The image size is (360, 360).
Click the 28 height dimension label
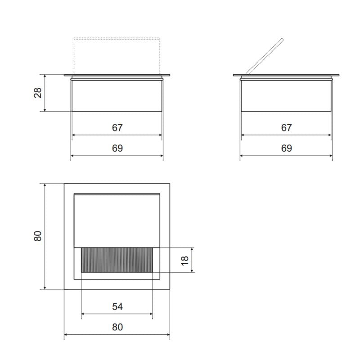38,93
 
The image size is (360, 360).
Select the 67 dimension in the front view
117,128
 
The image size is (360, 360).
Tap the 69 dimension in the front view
117,148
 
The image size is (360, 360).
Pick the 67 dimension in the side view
286,128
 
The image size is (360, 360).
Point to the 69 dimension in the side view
286,148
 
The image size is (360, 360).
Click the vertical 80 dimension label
38,236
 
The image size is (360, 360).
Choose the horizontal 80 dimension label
117,327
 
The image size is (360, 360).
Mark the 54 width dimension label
117,306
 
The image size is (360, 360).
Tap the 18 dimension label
185,260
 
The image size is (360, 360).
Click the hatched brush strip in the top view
117,260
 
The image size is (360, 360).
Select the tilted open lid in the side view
265,56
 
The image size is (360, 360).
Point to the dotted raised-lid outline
117,39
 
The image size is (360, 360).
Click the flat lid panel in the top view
117,220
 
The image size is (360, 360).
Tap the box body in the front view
117,95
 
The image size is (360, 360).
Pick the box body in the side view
286,95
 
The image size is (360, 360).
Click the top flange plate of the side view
286,76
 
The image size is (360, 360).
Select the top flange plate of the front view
117,76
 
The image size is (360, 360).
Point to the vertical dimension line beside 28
45,93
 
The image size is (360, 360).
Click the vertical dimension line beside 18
193,260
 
